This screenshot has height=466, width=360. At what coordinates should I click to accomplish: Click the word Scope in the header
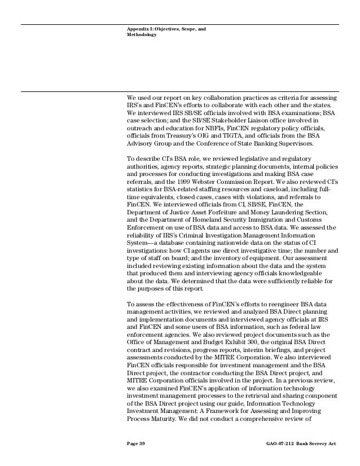click(186, 27)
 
